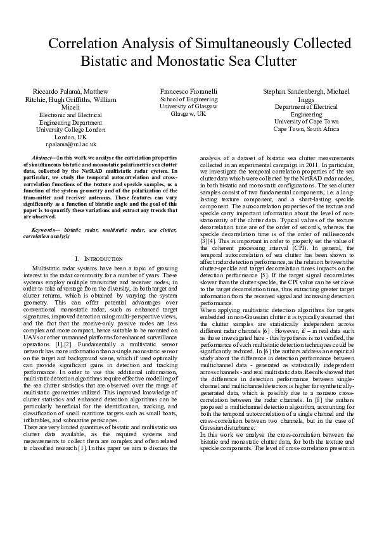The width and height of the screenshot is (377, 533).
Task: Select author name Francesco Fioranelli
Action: (189, 91)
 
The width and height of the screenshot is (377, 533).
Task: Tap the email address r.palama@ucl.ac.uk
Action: (71, 144)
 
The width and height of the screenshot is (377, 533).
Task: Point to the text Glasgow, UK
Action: (189, 114)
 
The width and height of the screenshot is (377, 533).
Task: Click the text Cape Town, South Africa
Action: (306, 129)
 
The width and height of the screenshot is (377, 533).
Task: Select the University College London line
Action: (71, 129)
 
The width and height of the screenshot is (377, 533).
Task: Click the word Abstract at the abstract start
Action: (42, 156)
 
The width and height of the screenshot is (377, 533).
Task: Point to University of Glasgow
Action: (189, 106)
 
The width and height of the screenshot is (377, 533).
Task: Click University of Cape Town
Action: (306, 121)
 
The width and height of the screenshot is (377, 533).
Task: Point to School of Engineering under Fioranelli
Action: (189, 99)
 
